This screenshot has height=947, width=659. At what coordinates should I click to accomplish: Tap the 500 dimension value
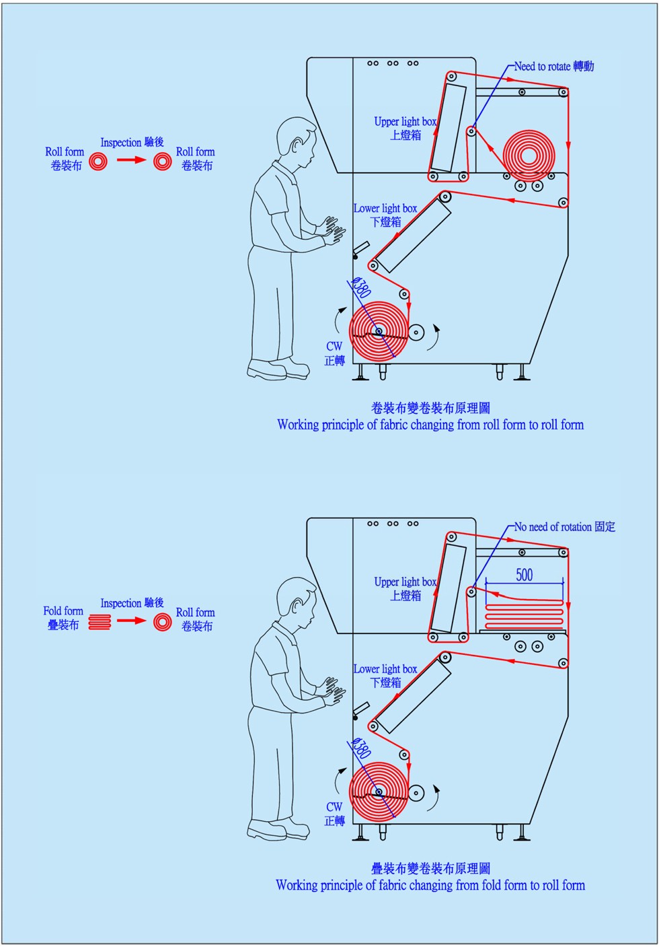pyautogui.click(x=525, y=575)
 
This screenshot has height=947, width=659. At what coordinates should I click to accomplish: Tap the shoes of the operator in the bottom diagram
pyautogui.click(x=278, y=829)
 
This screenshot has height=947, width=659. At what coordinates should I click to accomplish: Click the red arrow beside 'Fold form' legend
pyautogui.click(x=130, y=621)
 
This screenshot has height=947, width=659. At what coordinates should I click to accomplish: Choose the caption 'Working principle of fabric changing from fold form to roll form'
pyautogui.click(x=430, y=885)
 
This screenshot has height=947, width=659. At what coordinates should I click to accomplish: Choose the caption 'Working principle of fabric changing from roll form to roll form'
pyautogui.click(x=430, y=425)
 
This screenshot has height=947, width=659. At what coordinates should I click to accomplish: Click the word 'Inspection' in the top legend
pyautogui.click(x=121, y=143)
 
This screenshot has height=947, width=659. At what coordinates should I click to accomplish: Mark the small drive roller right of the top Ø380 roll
pyautogui.click(x=416, y=332)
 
